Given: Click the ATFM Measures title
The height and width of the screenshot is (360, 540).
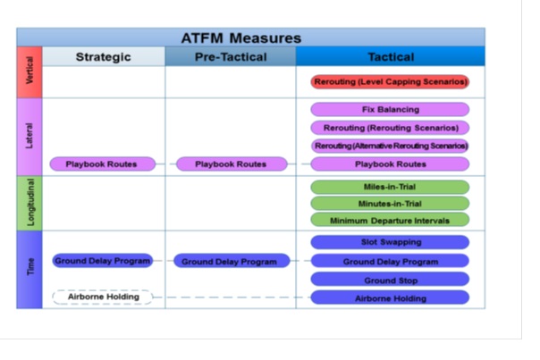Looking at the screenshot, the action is [x=241, y=38].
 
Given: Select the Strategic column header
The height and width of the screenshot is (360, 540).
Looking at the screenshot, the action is [x=104, y=57].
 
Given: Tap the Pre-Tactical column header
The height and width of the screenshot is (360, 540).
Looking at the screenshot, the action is [x=231, y=57].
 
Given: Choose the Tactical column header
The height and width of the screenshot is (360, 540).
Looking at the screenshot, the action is [x=391, y=57].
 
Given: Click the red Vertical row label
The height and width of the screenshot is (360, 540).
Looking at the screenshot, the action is [x=30, y=72].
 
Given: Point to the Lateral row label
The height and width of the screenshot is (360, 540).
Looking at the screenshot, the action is [x=30, y=137].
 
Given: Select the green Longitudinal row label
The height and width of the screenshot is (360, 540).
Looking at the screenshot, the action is [x=30, y=203].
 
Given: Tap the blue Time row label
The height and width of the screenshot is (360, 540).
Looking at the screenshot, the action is [x=30, y=270].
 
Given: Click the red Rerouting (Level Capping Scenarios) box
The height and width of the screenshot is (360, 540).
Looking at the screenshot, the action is [x=390, y=82].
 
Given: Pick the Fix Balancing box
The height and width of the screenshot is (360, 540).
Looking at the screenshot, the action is [x=390, y=110].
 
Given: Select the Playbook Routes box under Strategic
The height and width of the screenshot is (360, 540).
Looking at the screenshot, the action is [x=103, y=163].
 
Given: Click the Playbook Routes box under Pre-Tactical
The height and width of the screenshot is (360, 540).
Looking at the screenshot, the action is [x=232, y=163].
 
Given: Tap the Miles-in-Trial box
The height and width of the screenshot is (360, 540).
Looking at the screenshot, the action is [x=390, y=187].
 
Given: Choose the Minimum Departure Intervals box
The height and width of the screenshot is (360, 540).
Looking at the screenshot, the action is [x=390, y=220].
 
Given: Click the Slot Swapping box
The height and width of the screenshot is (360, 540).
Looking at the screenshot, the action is [x=390, y=242].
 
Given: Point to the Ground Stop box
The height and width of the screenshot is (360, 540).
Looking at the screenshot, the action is [x=390, y=279].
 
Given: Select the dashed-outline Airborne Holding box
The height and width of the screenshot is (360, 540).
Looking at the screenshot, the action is [x=103, y=297].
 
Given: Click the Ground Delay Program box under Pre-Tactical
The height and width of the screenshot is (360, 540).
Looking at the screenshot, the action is [x=232, y=261].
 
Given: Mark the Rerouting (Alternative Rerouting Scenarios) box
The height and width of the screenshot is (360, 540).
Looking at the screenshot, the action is [x=390, y=146].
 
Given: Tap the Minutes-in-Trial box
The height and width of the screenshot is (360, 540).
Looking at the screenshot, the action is [x=390, y=204].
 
